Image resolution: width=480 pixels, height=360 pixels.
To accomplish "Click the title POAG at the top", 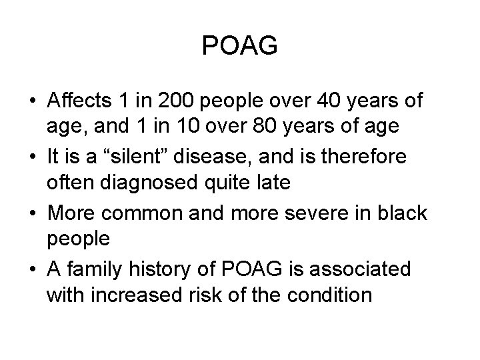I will pos(239,46).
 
